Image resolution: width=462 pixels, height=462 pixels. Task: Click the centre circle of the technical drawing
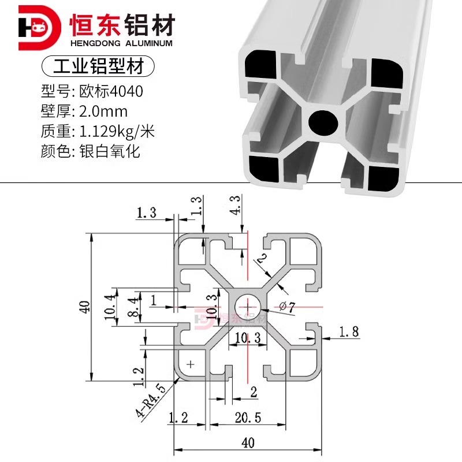[x=247, y=305]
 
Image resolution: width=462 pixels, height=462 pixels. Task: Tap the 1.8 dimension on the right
[x=348, y=332]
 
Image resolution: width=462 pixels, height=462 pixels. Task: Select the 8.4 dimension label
[x=132, y=305]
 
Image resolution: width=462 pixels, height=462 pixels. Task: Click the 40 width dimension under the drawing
[x=248, y=443]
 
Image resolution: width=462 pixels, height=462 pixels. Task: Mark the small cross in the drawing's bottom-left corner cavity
[x=192, y=364]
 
